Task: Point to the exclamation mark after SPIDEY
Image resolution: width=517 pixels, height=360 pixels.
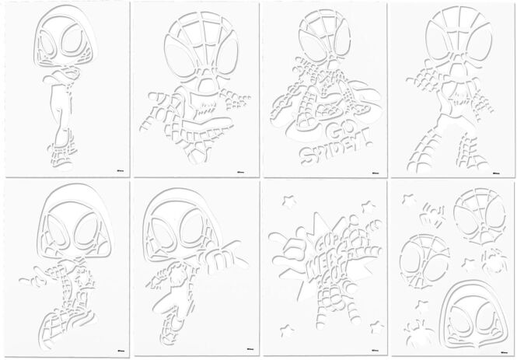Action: click(363, 139)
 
